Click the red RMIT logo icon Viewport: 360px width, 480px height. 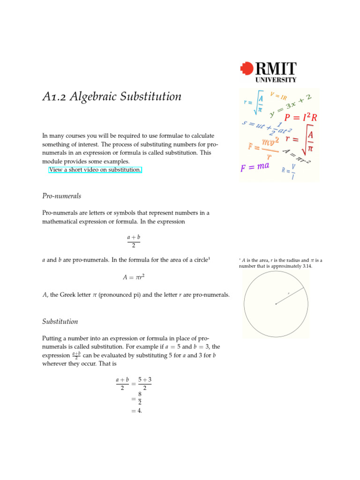[247, 69]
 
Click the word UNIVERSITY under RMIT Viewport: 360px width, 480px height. [276, 80]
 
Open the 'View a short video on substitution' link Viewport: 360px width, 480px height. [95, 170]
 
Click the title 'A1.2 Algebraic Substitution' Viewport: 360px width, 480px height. [112, 97]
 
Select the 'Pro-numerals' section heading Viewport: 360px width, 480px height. [61, 196]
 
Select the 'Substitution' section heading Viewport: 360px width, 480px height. [60, 322]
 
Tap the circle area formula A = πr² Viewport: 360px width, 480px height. [133, 277]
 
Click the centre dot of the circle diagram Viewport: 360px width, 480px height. [276, 304]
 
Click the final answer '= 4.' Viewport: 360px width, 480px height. [136, 411]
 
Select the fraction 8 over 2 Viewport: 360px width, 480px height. [139, 398]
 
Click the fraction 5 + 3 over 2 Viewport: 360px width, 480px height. [144, 383]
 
